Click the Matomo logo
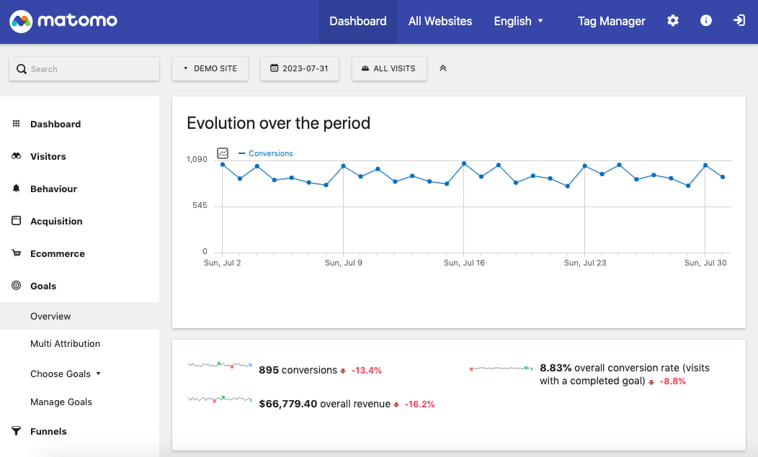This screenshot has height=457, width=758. tap(63, 21)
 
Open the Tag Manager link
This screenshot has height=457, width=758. tap(611, 21)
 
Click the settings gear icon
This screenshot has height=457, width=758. tap(672, 21)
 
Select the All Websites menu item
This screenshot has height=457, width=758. tap(440, 21)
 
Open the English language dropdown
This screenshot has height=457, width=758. tap(518, 21)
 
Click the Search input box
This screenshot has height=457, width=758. tap(84, 69)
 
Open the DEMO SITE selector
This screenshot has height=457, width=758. tap(210, 68)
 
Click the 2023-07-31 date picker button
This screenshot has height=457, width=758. tap(299, 68)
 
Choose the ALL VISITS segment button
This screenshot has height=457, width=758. tap(388, 68)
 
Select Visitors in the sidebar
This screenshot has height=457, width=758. tap(48, 156)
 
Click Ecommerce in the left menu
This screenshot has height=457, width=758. tap(57, 253)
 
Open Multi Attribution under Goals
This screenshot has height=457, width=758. tap(65, 343)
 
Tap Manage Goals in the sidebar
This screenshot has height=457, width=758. tap(61, 402)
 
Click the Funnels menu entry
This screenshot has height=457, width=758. tap(48, 431)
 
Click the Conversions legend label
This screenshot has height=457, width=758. tap(270, 153)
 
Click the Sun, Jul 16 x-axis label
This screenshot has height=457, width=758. tap(464, 263)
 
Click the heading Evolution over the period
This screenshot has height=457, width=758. tap(278, 123)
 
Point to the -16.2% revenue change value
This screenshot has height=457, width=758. tap(419, 404)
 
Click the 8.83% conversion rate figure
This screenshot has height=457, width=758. tap(555, 368)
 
